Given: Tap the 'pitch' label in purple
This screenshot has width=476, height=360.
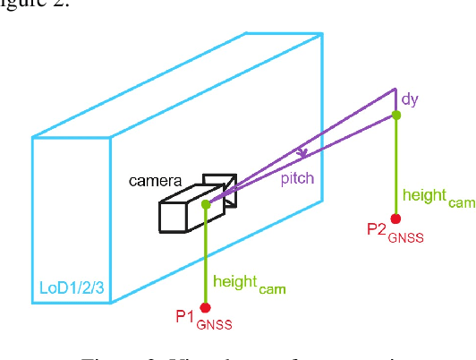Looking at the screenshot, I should click(x=298, y=178).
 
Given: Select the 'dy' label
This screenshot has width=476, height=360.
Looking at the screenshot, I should click(x=411, y=101).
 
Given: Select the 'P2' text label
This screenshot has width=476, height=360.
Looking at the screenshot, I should click(x=377, y=229).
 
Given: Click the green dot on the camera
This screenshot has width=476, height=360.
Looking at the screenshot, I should click(x=207, y=205).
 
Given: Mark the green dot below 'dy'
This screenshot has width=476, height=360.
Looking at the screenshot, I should click(x=396, y=116).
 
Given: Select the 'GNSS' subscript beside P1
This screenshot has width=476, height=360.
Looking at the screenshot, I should click(x=215, y=325).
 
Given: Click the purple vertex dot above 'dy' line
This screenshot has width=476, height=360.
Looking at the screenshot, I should click(x=395, y=90).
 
